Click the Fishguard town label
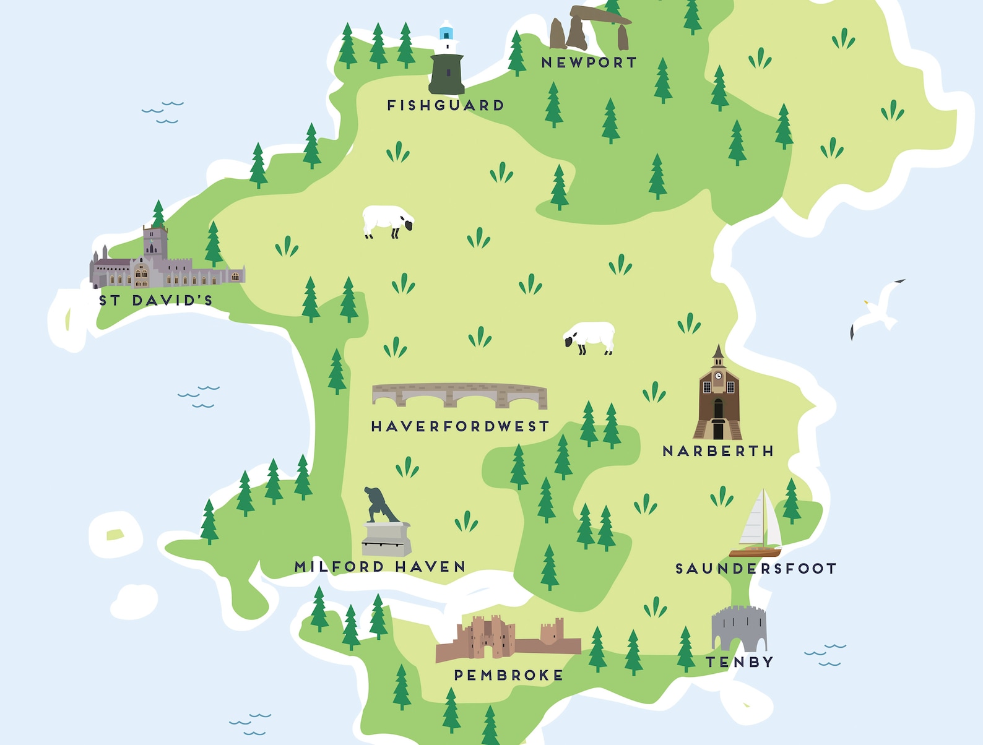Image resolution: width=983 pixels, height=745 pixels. pyautogui.click(x=445, y=106)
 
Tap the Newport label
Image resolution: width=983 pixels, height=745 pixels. pyautogui.click(x=589, y=62)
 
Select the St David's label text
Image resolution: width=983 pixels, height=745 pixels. pyautogui.click(x=156, y=301)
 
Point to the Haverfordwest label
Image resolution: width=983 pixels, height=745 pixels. pyautogui.click(x=460, y=426)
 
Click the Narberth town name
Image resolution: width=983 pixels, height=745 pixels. pyautogui.click(x=718, y=451)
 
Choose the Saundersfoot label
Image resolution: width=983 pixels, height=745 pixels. pyautogui.click(x=755, y=569)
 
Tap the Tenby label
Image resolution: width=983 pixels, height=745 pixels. pyautogui.click(x=740, y=662)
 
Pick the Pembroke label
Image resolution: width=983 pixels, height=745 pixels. pyautogui.click(x=509, y=675)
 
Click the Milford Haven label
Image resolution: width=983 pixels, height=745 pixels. pyautogui.click(x=380, y=566)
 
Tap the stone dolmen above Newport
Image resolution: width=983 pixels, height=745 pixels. pyautogui.click(x=590, y=27)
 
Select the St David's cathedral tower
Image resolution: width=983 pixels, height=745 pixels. pyautogui.click(x=155, y=243)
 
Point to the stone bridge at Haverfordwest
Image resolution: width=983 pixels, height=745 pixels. pyautogui.click(x=459, y=395)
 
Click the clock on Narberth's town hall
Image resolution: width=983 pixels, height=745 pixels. pyautogui.click(x=718, y=376)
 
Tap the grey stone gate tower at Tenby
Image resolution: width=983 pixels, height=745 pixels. pyautogui.click(x=739, y=628)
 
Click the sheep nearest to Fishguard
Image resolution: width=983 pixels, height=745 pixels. pyautogui.click(x=388, y=221)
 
